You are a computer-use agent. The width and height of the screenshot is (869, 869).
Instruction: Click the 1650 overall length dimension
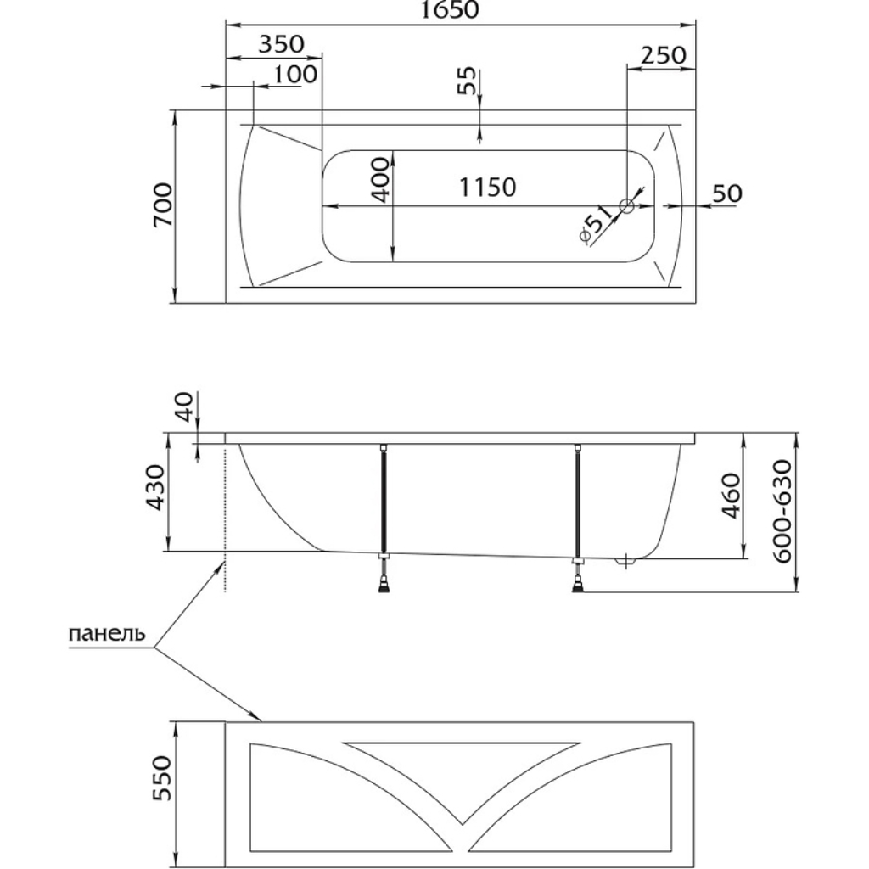(450, 10)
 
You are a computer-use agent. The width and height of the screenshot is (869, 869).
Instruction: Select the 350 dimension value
(282, 44)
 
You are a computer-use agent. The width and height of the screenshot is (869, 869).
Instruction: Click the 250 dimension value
(664, 55)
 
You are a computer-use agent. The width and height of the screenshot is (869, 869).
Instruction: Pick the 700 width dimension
(163, 205)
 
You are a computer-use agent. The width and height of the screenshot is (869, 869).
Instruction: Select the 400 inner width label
(380, 180)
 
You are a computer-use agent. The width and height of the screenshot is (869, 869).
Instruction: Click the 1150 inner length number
(488, 188)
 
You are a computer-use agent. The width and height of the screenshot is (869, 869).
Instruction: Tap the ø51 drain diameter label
(595, 224)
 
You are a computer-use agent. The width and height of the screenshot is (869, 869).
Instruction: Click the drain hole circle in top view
(627, 206)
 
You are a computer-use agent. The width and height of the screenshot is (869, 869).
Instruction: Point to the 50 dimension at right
(726, 193)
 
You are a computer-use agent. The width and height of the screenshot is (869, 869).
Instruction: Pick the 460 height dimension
(732, 496)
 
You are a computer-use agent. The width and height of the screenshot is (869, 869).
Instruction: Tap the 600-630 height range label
(783, 511)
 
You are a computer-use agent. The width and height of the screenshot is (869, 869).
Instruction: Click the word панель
(107, 633)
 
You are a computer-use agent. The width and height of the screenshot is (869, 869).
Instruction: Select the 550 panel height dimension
(163, 778)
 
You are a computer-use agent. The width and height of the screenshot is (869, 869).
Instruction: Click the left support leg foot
(384, 585)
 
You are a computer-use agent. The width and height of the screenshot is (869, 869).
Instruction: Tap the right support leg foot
(578, 585)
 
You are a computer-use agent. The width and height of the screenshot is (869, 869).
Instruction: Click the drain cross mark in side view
(625, 561)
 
